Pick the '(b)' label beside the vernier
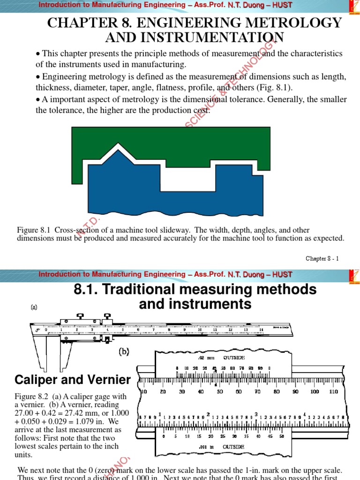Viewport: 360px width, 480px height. pyautogui.click(x=124, y=352)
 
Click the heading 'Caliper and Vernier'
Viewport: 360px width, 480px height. pyautogui.click(x=72, y=380)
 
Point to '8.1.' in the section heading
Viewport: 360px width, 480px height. pyautogui.click(x=86, y=289)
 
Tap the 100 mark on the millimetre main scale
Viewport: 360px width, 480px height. pyautogui.click(x=314, y=391)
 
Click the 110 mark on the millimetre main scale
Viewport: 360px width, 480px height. pyautogui.click(x=333, y=391)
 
